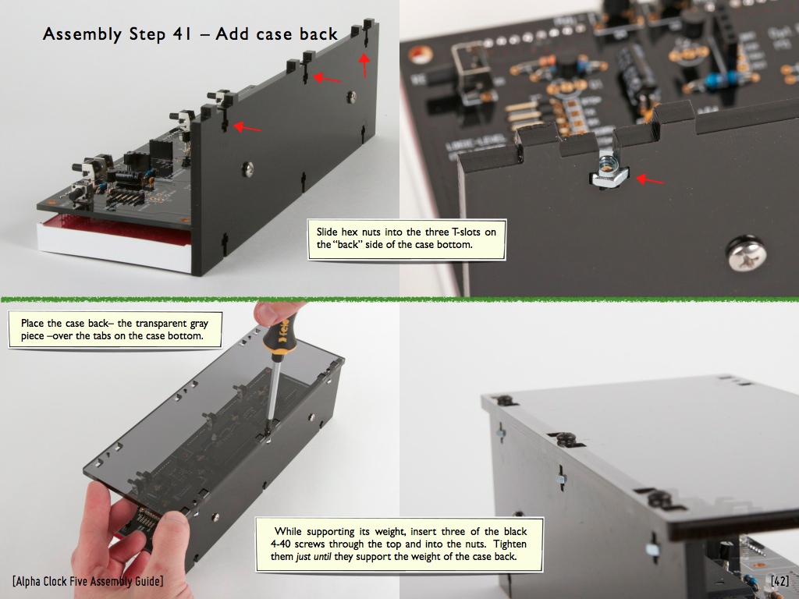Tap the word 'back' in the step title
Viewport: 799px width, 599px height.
[x=318, y=34]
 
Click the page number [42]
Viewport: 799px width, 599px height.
[x=779, y=581]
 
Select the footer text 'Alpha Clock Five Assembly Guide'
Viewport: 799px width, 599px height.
[x=87, y=581]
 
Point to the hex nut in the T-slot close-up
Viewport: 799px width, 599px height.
[x=609, y=172]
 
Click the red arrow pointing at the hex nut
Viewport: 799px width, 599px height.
[x=650, y=180]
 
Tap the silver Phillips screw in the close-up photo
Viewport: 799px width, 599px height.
[x=745, y=253]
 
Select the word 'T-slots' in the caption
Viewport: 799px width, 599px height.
[x=466, y=232]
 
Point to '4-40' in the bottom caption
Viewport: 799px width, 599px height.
[x=280, y=544]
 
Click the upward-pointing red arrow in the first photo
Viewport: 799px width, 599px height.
[x=364, y=65]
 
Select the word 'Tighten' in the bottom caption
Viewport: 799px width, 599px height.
[x=510, y=544]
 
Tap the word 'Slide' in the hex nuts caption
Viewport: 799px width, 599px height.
[x=327, y=232]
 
